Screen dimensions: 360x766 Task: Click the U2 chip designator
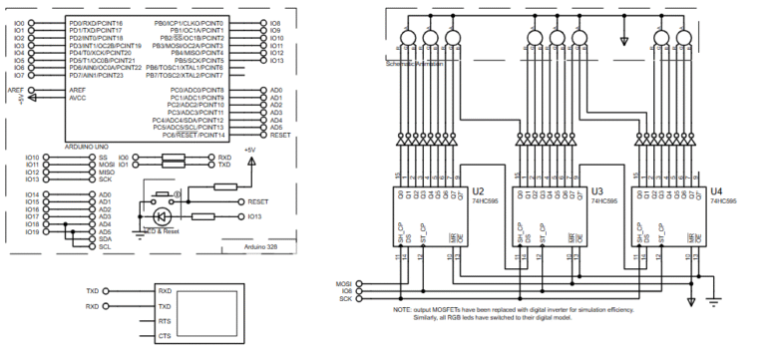(x=479, y=190)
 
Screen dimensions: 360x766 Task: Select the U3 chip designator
(x=597, y=190)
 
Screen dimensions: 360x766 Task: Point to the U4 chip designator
(x=716, y=190)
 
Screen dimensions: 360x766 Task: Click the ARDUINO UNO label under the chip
(x=87, y=146)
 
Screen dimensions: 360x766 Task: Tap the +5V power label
(x=250, y=150)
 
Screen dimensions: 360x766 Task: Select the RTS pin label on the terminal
(x=165, y=322)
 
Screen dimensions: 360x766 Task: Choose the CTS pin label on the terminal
(x=165, y=337)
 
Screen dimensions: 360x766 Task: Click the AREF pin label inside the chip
(x=77, y=90)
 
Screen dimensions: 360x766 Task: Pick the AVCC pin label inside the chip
(x=77, y=98)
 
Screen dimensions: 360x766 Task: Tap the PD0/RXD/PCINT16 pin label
(x=96, y=22)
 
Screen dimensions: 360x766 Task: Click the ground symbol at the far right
(x=715, y=298)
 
